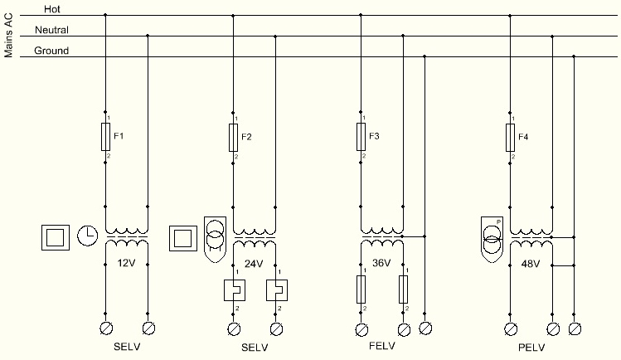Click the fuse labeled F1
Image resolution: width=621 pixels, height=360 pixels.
click(105, 137)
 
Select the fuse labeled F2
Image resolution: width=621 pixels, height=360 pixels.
click(234, 137)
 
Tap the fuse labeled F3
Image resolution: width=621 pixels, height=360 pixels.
click(361, 137)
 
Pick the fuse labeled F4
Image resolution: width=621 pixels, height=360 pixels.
click(510, 137)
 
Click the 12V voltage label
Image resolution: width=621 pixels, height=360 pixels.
click(125, 264)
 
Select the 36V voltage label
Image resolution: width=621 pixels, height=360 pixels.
click(381, 264)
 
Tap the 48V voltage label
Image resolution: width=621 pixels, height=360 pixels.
click(530, 264)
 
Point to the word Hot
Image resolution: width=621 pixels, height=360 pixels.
click(52, 9)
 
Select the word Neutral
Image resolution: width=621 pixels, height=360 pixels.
click(51, 30)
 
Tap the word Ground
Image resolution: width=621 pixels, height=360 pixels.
click(51, 51)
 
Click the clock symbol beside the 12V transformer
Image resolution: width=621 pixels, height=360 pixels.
click(87, 236)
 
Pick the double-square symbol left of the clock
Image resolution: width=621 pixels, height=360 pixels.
click(54, 237)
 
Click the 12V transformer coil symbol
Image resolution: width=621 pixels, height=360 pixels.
click(126, 238)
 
